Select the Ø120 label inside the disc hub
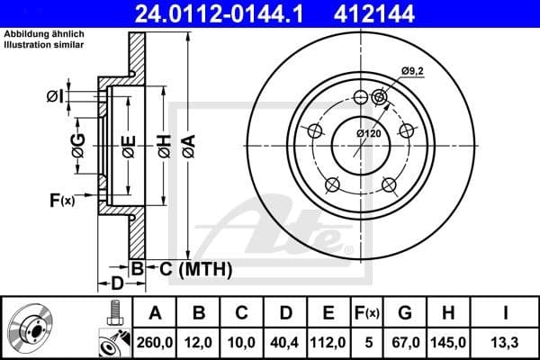pos(369,133)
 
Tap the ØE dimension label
pos(128,139)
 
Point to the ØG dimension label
pos(78,139)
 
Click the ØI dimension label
pos(53,96)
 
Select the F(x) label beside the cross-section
pos(61,200)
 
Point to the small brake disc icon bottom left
pos(31,328)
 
